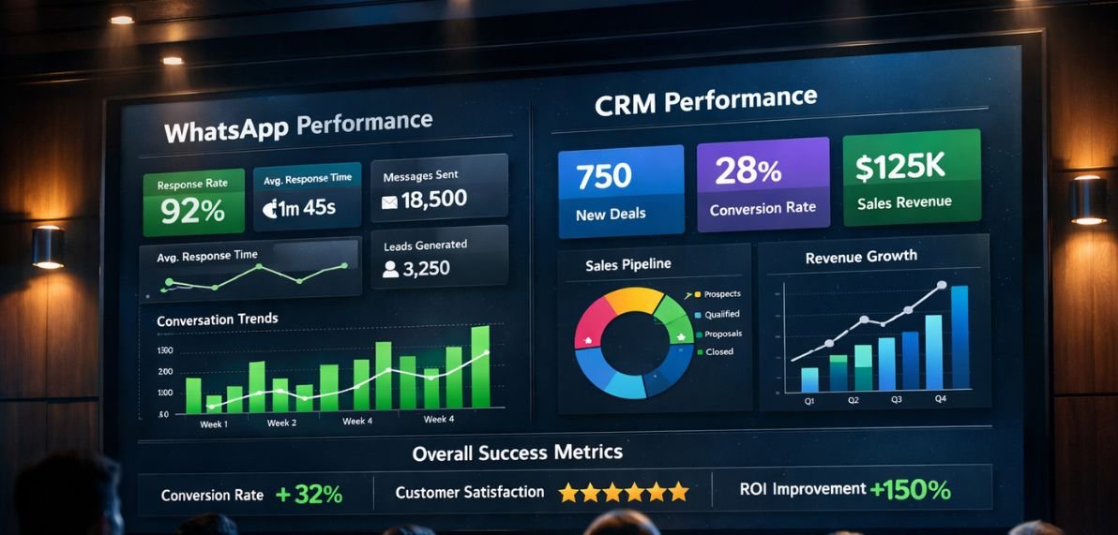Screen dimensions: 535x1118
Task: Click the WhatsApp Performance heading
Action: coord(298,126)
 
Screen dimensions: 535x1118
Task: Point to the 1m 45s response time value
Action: coord(298,208)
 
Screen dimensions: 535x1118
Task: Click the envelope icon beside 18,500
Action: coord(389,201)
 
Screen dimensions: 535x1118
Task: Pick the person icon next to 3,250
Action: coord(390,270)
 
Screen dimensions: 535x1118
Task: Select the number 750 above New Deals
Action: coord(604,175)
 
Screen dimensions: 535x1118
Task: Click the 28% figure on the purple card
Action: coord(748,171)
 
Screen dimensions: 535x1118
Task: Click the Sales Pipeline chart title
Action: coord(627,264)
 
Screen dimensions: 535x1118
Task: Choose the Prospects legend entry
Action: coord(721,294)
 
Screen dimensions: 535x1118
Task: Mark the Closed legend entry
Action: coord(718,351)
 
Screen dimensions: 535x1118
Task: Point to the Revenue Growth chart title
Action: coord(860,256)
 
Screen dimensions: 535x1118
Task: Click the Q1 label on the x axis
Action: coord(809,400)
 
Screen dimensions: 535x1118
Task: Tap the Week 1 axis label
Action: coord(213,424)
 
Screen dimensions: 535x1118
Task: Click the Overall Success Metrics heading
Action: coord(517,453)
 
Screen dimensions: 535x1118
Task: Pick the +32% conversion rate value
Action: coord(310,495)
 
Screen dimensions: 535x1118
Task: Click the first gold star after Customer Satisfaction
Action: coord(567,492)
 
